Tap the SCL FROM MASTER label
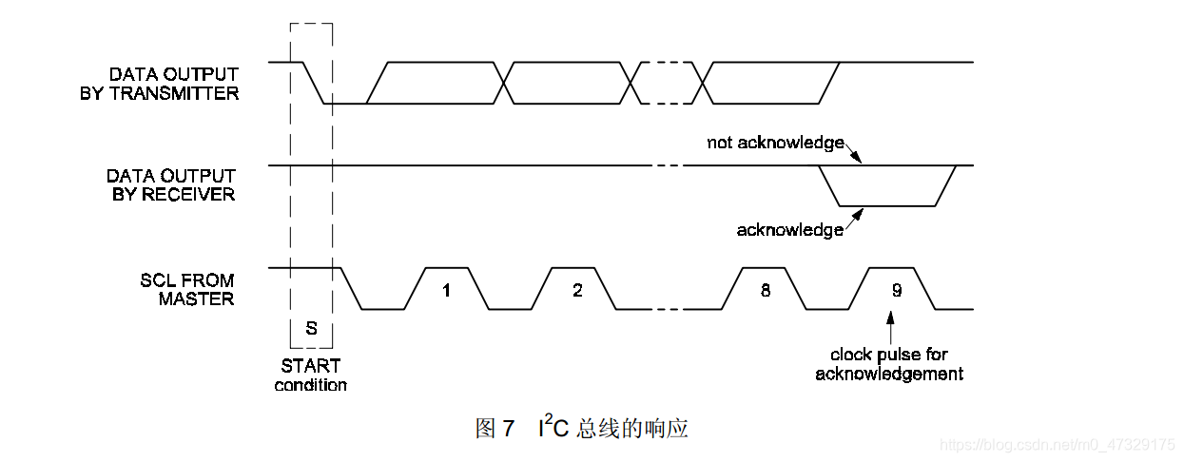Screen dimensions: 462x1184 tap(186, 289)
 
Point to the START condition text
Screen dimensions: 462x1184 tap(311, 375)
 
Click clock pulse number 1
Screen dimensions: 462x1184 tap(446, 290)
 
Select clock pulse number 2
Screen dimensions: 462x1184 tap(577, 290)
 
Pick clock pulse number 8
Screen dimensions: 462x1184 tap(766, 290)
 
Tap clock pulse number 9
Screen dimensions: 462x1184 tap(896, 290)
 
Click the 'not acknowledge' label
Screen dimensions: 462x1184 tap(775, 143)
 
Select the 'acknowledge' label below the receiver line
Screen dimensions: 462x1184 tap(789, 230)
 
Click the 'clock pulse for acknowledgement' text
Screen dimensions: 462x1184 tap(889, 364)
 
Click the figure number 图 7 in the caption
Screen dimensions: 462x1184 tap(495, 429)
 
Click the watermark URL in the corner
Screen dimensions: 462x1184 tap(1056, 444)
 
